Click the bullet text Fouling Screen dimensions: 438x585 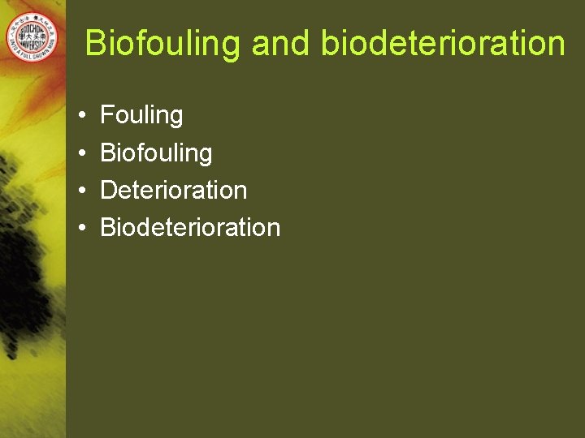(141, 115)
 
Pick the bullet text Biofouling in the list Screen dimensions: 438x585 (156, 152)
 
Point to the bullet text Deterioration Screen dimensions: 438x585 (173, 190)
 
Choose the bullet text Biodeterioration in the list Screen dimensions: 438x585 (190, 227)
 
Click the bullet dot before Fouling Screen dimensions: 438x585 (84, 116)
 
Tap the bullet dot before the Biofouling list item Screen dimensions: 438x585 (84, 153)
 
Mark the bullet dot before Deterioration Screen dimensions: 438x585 (84, 191)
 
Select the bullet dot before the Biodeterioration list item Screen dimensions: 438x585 (84, 228)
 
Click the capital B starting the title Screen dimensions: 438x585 (95, 43)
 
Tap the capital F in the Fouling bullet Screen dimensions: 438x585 (106, 115)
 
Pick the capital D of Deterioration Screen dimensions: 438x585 (108, 190)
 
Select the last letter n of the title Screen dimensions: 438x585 (556, 45)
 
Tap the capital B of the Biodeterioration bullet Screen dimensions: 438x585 (107, 227)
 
